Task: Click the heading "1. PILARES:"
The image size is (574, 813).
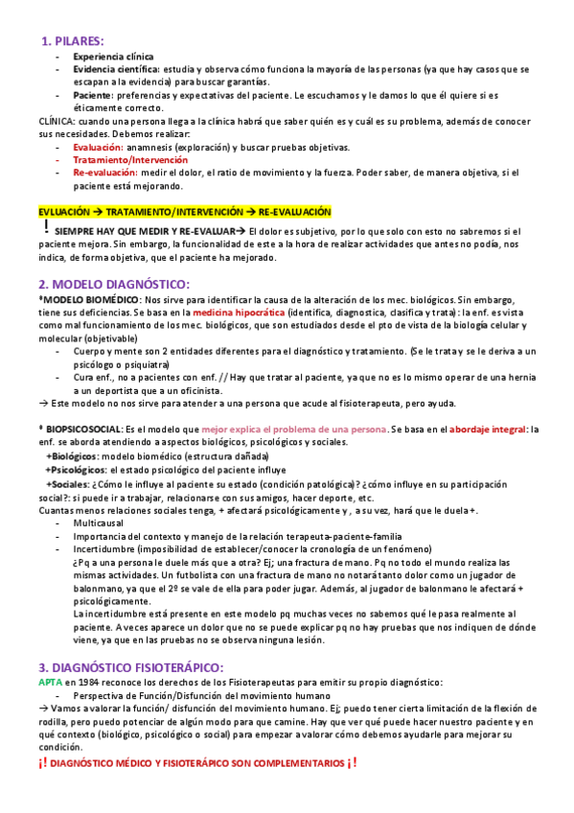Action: (73, 40)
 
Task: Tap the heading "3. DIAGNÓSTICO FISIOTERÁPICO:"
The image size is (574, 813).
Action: (130, 639)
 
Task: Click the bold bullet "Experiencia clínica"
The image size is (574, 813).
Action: (112, 58)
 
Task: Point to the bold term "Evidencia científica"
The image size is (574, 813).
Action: (116, 70)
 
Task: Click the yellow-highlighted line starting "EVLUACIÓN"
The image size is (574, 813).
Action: (184, 211)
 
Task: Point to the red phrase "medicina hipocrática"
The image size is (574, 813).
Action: (239, 313)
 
